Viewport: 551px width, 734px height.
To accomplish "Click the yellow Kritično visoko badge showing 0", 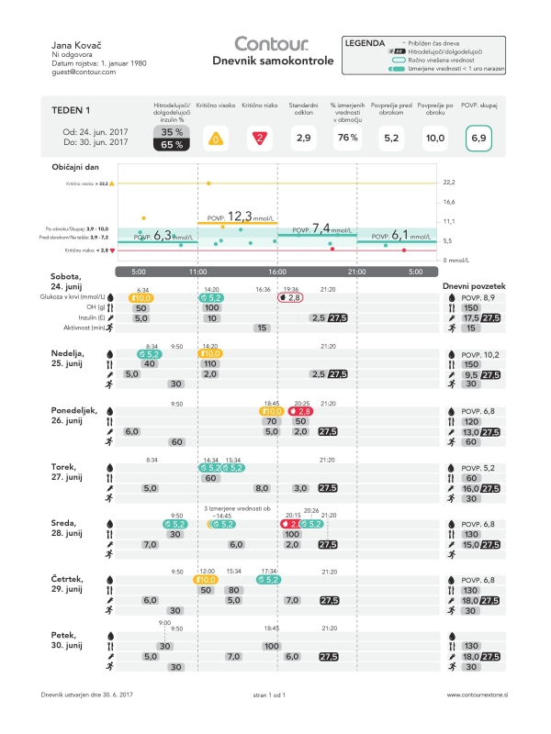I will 215,139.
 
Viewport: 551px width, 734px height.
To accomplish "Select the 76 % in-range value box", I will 347,139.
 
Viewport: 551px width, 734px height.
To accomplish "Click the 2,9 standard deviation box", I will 303,139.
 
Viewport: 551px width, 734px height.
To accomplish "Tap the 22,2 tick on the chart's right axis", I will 449,183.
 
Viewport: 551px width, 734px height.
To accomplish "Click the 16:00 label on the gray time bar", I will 277,272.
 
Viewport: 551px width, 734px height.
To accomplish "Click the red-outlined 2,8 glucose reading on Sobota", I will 291,297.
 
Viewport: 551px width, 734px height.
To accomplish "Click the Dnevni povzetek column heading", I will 474,285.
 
